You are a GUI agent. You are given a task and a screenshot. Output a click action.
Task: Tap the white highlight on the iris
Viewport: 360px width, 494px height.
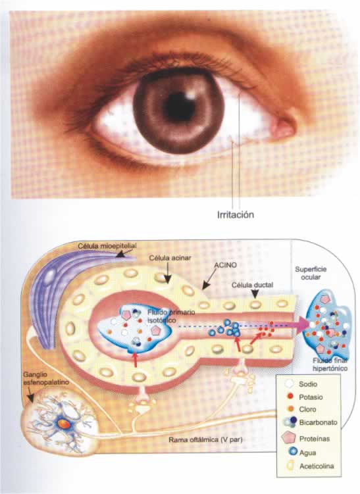pos(190,94)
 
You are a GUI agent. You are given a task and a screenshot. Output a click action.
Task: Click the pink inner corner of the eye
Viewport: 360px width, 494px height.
pos(283,129)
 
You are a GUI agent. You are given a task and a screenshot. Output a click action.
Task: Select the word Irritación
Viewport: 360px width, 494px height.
pos(236,215)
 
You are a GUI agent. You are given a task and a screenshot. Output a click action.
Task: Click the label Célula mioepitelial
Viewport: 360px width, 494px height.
pos(107,246)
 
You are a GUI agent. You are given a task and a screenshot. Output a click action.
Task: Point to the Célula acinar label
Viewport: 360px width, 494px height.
pos(170,258)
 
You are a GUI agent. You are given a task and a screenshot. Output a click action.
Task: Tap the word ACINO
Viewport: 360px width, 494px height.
pos(225,265)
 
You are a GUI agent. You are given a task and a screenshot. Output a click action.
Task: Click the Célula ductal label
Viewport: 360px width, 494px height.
pos(252,285)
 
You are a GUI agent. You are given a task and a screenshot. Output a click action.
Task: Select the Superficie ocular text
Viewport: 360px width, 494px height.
pos(311,273)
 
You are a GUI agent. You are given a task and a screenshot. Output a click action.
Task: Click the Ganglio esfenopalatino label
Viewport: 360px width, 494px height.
pos(46,378)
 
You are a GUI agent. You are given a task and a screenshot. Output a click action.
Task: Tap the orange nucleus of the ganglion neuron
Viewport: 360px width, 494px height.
pos(64,424)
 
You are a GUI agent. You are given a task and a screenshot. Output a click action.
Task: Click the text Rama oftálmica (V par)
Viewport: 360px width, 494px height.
pos(205,439)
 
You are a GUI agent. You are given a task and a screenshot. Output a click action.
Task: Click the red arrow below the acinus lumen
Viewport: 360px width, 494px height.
pos(135,360)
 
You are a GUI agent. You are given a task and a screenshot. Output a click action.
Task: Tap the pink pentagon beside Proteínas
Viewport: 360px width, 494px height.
pos(288,438)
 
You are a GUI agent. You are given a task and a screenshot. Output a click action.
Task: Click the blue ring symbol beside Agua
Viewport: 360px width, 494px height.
pos(293,451)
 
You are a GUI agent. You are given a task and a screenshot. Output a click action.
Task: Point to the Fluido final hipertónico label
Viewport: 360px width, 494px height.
pos(330,364)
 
